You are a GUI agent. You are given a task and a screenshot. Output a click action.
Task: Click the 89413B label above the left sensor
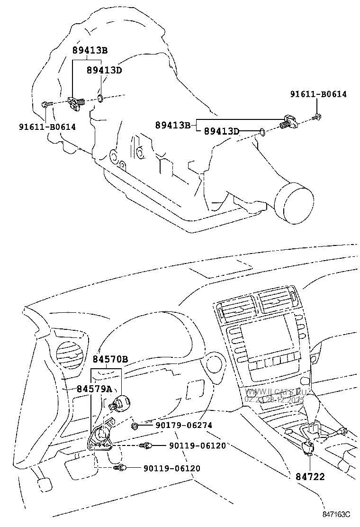click(x=90, y=50)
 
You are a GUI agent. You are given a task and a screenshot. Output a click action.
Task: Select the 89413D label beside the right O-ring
click(x=222, y=131)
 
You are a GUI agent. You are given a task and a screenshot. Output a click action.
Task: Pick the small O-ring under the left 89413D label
click(x=100, y=99)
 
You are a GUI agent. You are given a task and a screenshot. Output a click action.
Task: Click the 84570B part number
click(x=110, y=360)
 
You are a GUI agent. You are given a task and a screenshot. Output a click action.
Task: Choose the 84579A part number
click(x=94, y=389)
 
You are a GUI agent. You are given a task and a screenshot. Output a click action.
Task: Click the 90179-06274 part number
click(x=183, y=426)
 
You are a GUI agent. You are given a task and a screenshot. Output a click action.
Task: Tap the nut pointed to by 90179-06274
click(x=135, y=426)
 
